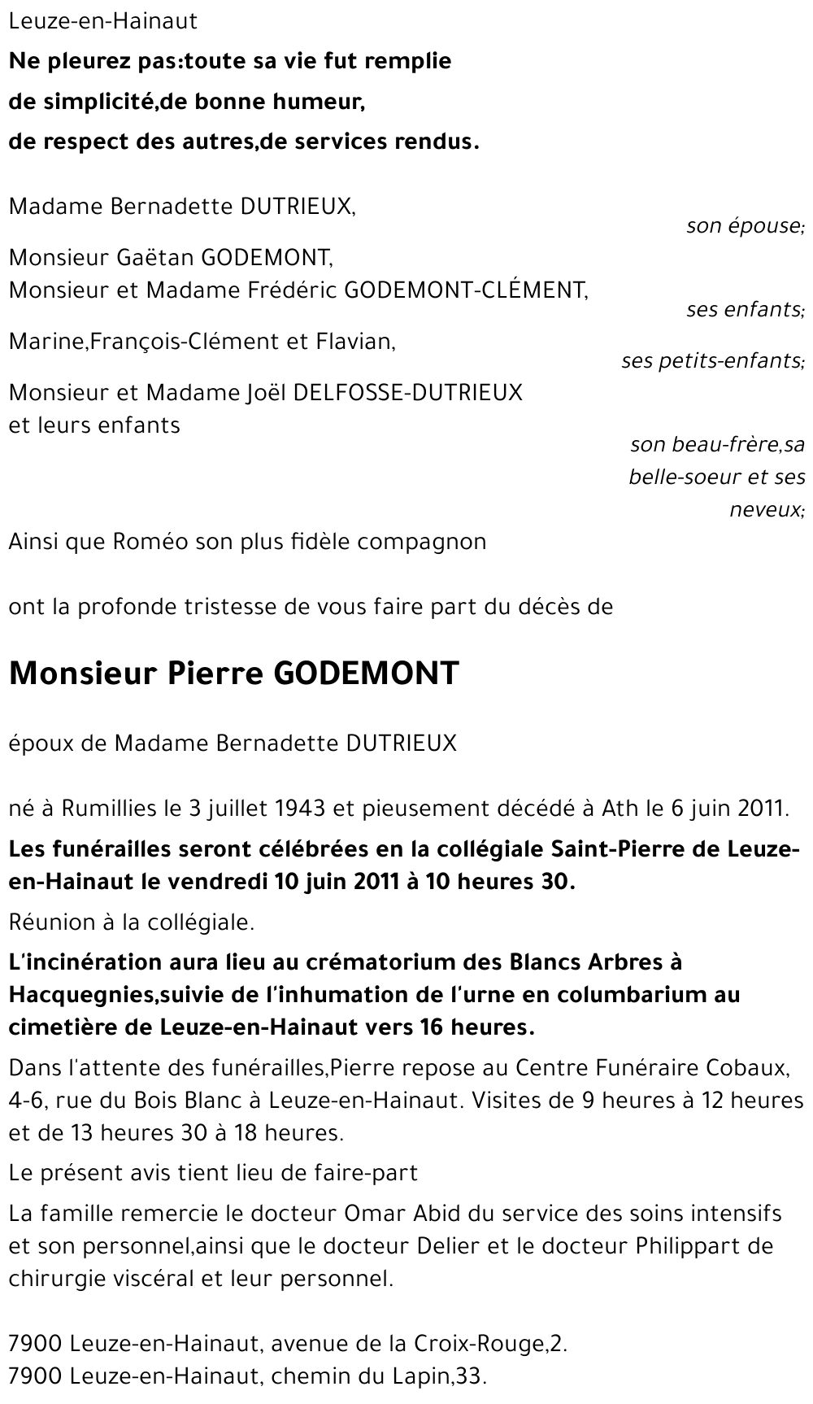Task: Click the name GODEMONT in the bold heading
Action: click(367, 674)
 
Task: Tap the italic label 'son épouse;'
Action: click(745, 225)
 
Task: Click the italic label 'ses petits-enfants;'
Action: click(712, 360)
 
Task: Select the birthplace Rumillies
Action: click(108, 809)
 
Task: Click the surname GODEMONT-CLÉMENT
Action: click(466, 290)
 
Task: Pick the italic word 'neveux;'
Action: click(766, 510)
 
